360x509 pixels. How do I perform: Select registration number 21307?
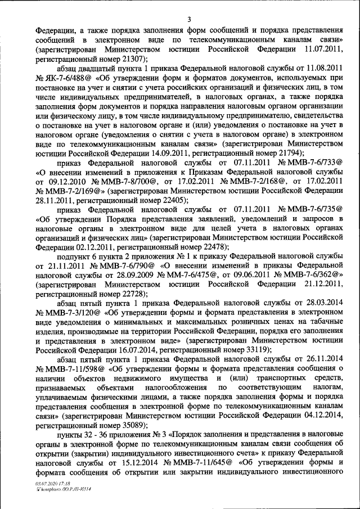(x=130, y=59)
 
